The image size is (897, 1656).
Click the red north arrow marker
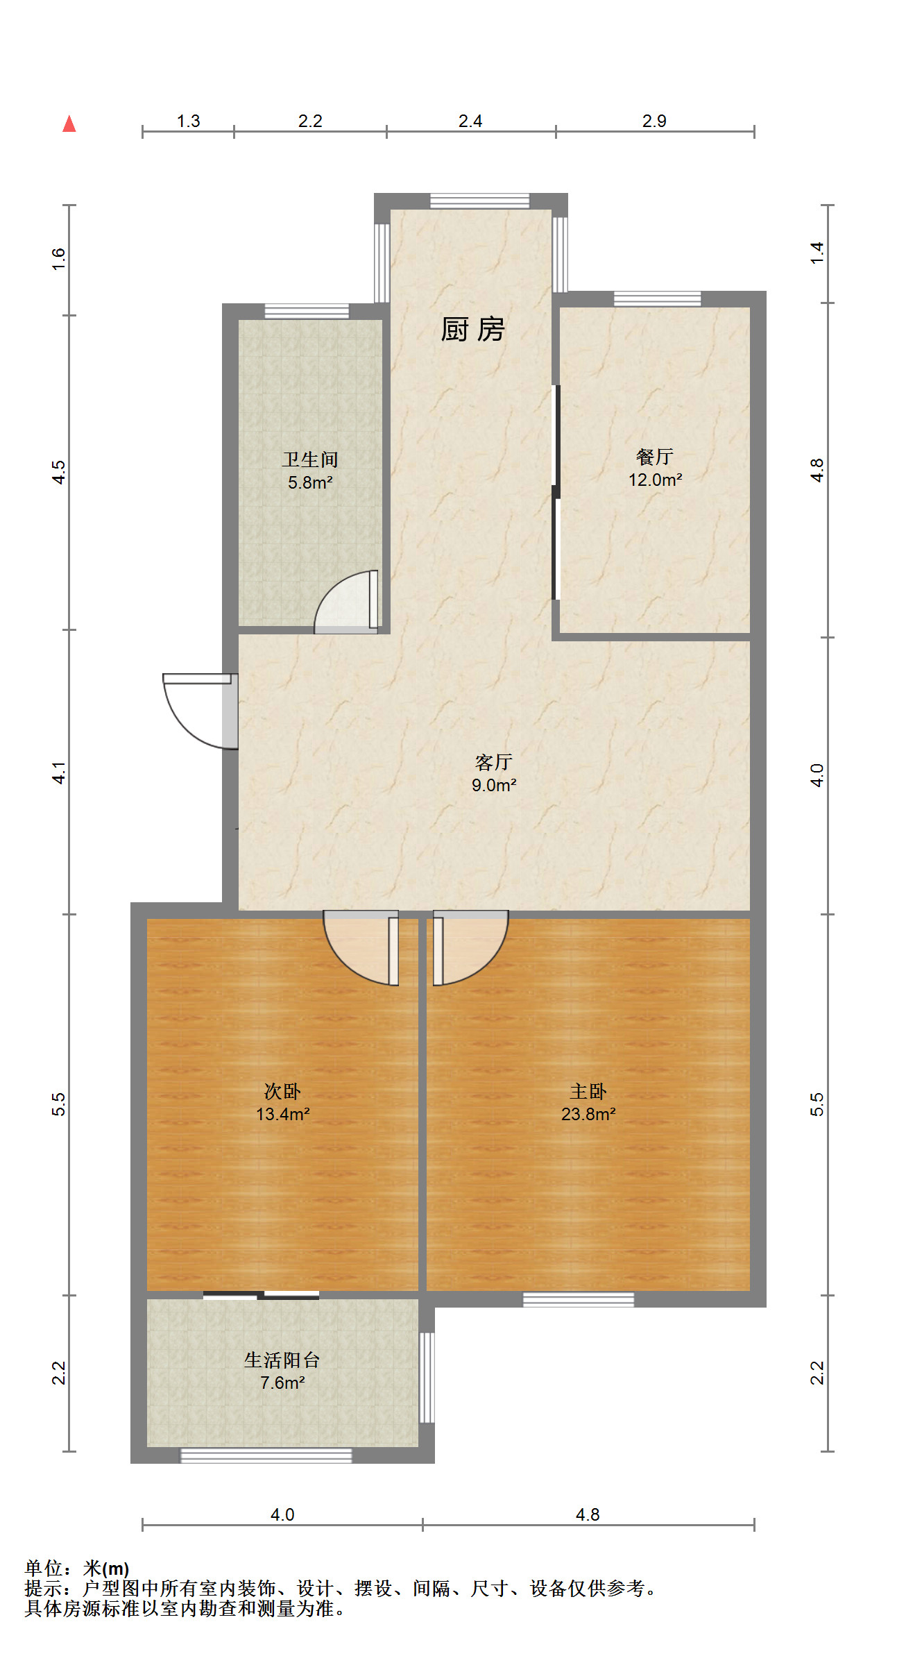[x=69, y=124]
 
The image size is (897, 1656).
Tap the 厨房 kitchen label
[x=472, y=329]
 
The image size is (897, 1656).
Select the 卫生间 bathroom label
[x=310, y=459]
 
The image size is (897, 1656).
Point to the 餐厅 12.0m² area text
[x=655, y=480]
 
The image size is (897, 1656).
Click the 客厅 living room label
[x=494, y=762]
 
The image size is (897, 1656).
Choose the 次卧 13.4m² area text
[x=282, y=1114]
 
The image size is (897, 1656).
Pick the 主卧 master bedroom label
[x=588, y=1091]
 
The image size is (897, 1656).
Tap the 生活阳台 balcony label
[x=282, y=1360]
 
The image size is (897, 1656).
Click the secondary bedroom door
[x=361, y=948]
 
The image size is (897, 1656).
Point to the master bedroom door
[x=470, y=948]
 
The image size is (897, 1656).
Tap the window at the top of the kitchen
[x=479, y=201]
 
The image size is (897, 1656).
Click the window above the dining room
[x=657, y=299]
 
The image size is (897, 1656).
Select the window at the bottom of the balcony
[x=266, y=1455]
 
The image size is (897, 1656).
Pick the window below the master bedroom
[x=579, y=1299]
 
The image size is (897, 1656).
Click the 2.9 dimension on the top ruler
[x=654, y=121]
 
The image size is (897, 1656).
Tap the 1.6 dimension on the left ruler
[x=59, y=259]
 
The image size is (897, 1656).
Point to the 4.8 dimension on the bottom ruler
[x=588, y=1514]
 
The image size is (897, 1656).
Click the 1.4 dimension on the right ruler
[x=817, y=253]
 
